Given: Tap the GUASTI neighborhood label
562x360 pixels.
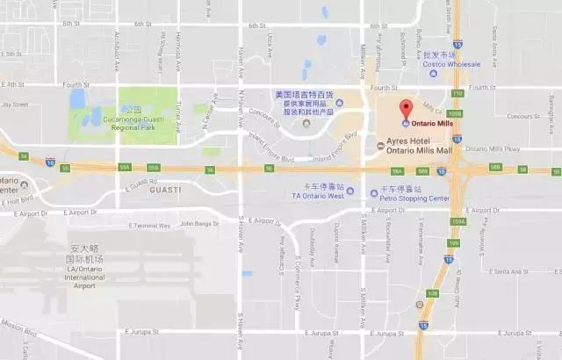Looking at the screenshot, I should (x=165, y=189).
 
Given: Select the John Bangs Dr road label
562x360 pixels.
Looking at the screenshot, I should (x=198, y=223).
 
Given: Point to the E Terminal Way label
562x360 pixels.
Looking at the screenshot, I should (x=153, y=225).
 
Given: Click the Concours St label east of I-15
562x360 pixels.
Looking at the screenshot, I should (x=523, y=116).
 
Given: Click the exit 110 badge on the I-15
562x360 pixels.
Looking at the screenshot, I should (x=456, y=92).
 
